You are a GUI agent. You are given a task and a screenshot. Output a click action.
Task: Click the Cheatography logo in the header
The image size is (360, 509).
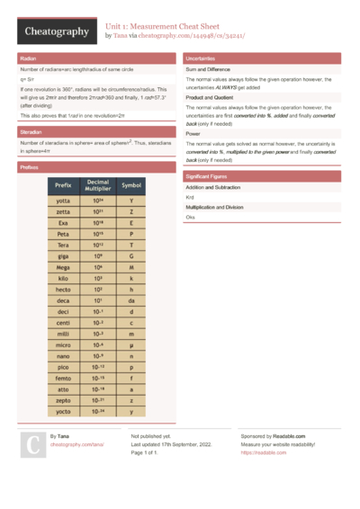(x=56, y=31)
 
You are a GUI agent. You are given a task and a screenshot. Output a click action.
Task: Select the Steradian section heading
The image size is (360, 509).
(x=31, y=131)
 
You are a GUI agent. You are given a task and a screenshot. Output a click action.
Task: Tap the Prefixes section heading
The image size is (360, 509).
(x=29, y=167)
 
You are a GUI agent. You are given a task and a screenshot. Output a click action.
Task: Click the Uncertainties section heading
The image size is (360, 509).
(x=202, y=58)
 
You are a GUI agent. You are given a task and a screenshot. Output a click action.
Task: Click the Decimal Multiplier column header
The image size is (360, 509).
(x=98, y=185)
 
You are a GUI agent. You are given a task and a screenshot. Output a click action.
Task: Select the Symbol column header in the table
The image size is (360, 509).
(x=131, y=185)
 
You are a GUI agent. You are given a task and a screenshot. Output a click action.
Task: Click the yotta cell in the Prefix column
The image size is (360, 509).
(x=63, y=201)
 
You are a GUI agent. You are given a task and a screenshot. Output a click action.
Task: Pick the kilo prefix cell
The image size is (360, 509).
(x=63, y=279)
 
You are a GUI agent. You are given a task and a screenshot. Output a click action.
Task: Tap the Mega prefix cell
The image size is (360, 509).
(x=63, y=267)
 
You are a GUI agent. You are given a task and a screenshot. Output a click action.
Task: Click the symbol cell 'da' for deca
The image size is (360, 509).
(x=131, y=301)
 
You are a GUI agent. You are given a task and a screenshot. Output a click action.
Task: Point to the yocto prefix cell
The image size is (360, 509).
(x=63, y=410)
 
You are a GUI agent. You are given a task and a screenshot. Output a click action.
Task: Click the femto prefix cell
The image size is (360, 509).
(x=63, y=378)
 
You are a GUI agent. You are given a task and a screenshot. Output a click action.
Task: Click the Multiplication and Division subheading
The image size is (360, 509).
(x=214, y=207)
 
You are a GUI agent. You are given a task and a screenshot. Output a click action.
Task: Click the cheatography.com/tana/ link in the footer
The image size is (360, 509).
(x=76, y=444)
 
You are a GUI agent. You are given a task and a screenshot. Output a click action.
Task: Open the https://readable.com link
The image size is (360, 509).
(x=256, y=452)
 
